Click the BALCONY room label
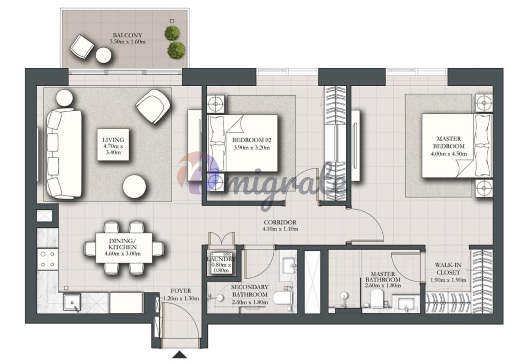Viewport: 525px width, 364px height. (x=128, y=35)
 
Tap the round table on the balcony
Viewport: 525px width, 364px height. (x=103, y=55)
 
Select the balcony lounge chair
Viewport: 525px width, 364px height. (x=82, y=47)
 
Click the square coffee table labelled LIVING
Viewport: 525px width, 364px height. (x=113, y=144)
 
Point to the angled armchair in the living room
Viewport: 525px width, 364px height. (x=153, y=106)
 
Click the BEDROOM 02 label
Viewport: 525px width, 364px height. (x=251, y=140)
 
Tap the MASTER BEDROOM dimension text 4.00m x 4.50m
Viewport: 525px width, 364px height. (x=449, y=154)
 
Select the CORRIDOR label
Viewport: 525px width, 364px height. (x=280, y=222)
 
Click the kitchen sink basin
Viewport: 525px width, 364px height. (x=72, y=302)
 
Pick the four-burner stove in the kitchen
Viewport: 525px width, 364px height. (x=48, y=259)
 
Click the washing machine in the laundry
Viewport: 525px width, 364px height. (x=221, y=263)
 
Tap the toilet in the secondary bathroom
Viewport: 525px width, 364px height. (x=283, y=298)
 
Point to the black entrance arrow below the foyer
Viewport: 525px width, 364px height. (x=180, y=355)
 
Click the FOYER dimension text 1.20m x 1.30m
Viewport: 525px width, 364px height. (x=181, y=298)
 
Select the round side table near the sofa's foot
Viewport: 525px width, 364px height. (x=134, y=186)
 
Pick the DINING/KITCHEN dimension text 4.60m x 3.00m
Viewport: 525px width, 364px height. (x=123, y=254)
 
